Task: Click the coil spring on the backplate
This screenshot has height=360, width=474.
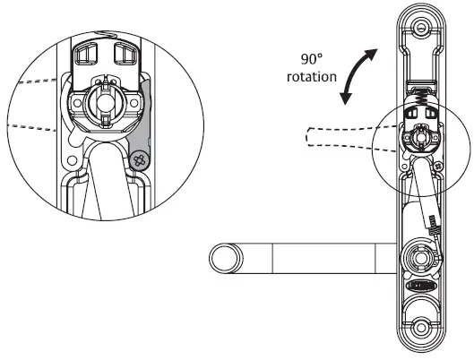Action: (418, 91)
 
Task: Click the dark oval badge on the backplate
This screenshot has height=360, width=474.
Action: (418, 286)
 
